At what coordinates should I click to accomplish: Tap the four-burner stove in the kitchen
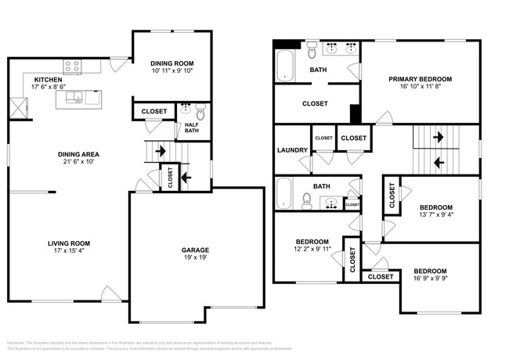pyautogui.click(x=72, y=67)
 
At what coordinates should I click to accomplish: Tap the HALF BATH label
pyautogui.click(x=191, y=128)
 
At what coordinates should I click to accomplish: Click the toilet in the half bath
pyautogui.click(x=200, y=110)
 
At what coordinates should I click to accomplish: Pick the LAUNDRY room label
pyautogui.click(x=291, y=149)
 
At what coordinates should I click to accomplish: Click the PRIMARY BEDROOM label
pyautogui.click(x=421, y=79)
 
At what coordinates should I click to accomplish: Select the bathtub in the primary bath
pyautogui.click(x=283, y=65)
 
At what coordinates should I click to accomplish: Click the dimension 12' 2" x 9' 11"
pyautogui.click(x=311, y=250)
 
